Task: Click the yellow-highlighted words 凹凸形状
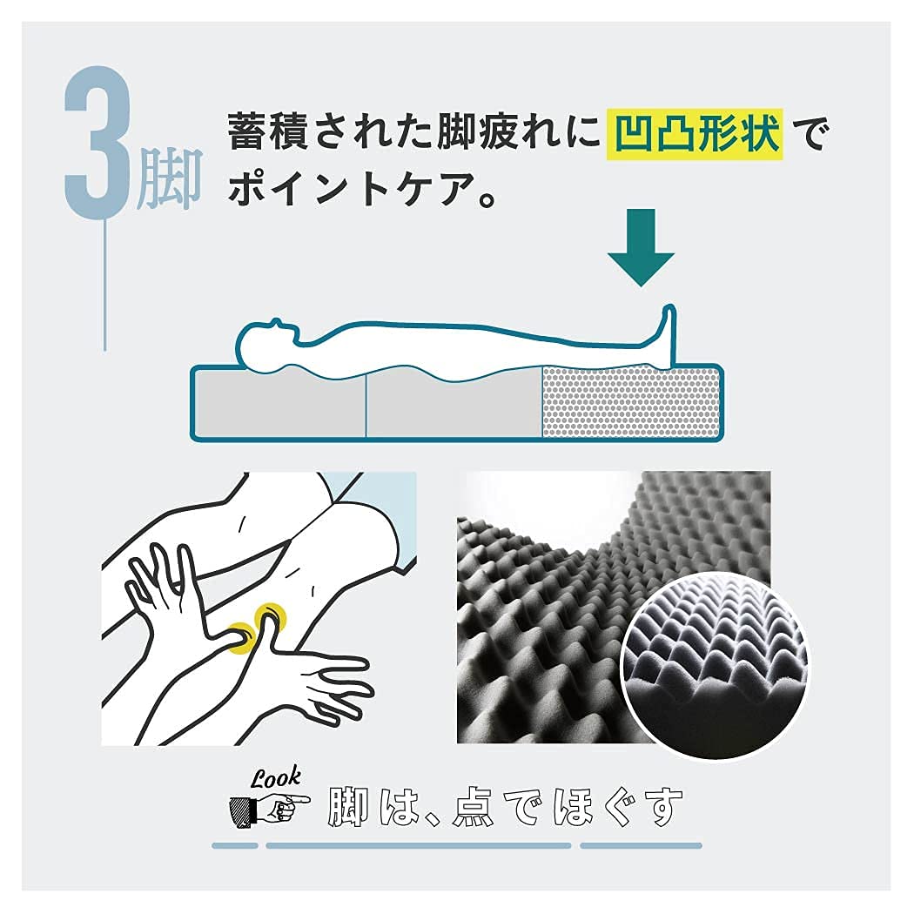(695, 135)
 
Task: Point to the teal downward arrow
(641, 243)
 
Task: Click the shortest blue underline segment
(235, 845)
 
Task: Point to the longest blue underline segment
(418, 845)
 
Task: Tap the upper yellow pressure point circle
(269, 621)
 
